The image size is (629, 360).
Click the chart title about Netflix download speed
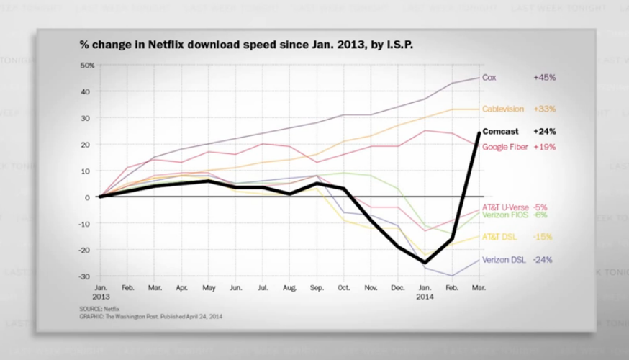tap(247, 44)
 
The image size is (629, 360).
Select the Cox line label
tap(489, 77)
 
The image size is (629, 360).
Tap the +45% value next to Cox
tap(545, 77)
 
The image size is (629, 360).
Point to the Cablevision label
tap(502, 109)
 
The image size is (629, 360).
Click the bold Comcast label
tap(501, 132)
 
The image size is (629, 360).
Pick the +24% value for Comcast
tap(545, 132)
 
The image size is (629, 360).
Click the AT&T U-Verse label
tap(505, 207)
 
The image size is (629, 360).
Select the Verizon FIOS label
tap(505, 215)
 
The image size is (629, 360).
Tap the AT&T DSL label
tap(499, 236)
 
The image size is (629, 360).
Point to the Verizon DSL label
tap(502, 260)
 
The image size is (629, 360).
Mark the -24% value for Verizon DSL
tap(543, 260)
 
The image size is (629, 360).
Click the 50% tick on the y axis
tap(88, 66)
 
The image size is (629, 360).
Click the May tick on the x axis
tap(208, 287)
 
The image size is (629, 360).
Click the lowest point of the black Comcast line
tap(426, 263)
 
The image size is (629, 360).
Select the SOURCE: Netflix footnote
tap(100, 307)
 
